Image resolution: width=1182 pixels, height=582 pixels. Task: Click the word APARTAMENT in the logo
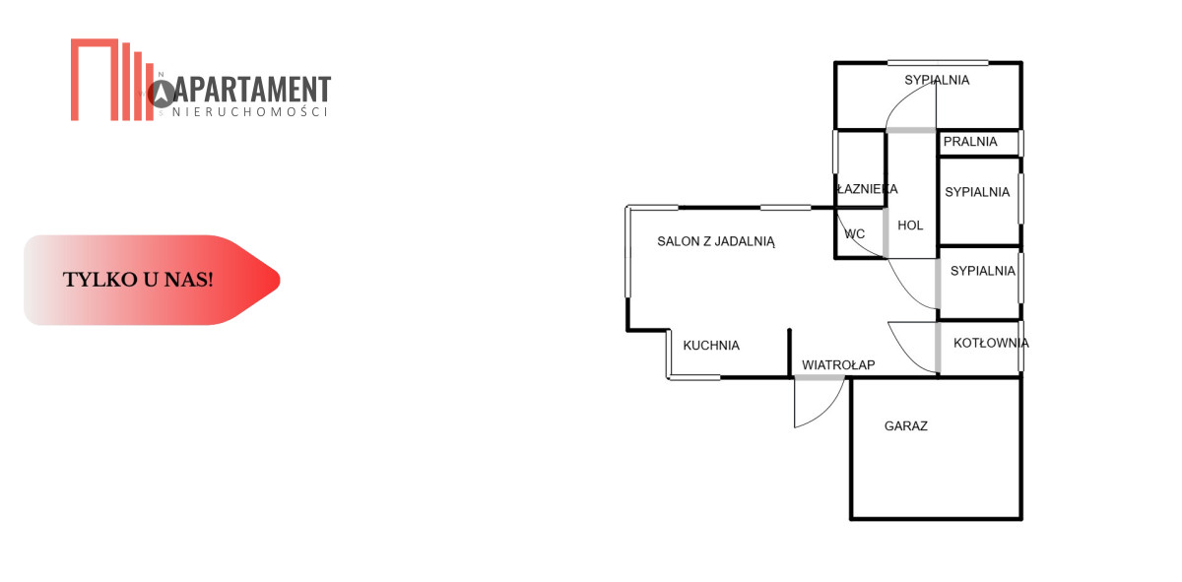252,91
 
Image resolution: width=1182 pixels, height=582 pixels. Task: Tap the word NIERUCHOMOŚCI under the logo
249,112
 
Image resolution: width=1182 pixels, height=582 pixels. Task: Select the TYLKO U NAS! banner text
138,280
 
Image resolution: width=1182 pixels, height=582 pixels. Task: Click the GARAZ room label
906,426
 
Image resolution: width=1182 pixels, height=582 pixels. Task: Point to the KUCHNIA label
711,346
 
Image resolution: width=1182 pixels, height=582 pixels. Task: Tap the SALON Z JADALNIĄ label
717,241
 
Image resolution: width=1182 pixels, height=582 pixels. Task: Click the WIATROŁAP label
838,365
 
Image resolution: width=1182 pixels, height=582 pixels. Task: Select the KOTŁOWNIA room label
991,344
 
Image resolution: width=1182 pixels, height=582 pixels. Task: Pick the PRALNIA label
970,142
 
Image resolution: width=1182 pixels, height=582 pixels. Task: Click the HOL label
911,226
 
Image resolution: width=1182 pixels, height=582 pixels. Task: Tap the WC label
855,234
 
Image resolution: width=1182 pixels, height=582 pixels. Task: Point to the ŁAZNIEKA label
867,189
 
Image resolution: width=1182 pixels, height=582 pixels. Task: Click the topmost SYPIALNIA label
937,80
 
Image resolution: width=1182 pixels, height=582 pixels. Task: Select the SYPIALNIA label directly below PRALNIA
977,192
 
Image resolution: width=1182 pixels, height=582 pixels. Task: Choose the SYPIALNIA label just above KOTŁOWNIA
982,271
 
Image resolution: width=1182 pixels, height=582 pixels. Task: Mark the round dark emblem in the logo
162,94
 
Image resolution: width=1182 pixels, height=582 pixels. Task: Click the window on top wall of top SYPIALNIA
925,63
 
